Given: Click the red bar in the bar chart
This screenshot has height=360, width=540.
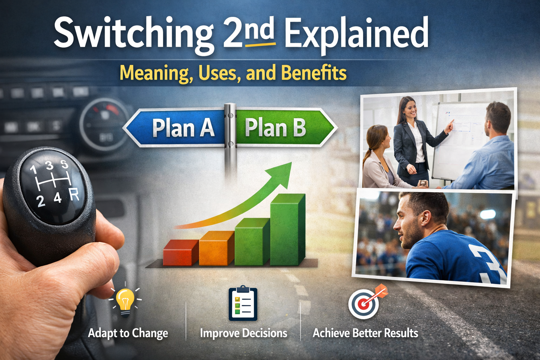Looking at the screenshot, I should coord(180,252).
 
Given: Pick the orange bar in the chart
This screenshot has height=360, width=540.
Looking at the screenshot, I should coord(216,248).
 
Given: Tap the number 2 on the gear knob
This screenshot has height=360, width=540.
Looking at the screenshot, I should coord(41,201).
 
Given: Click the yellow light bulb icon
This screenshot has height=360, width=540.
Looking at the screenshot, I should coord(126,301).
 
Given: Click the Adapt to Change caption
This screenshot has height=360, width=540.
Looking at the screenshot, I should coord(128,333).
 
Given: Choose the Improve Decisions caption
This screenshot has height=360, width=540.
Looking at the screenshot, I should coord(243,333).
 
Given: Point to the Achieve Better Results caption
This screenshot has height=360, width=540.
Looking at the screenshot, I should coord(365,333).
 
